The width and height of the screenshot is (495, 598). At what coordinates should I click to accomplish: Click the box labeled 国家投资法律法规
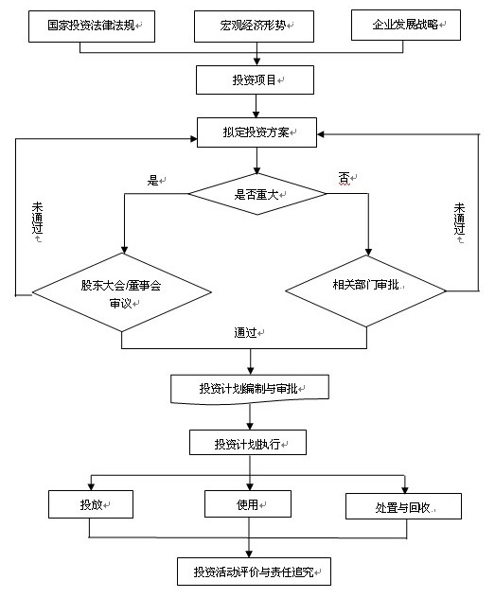pyautogui.click(x=92, y=26)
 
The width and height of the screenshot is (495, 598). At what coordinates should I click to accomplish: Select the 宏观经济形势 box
pyautogui.click(x=254, y=26)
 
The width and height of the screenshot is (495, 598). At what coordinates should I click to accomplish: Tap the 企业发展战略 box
pyautogui.click(x=406, y=26)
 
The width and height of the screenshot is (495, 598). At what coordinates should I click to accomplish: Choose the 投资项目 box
pyautogui.click(x=255, y=80)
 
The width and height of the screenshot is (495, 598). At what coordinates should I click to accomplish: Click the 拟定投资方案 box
pyautogui.click(x=256, y=132)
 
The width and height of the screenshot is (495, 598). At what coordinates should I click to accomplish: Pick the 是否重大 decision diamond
pyautogui.click(x=257, y=194)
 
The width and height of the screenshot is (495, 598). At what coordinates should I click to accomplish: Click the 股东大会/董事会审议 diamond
pyautogui.click(x=122, y=292)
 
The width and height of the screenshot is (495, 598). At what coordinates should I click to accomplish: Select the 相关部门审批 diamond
pyautogui.click(x=366, y=291)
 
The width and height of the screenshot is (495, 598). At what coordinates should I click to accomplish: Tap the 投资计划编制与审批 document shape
pyautogui.click(x=250, y=389)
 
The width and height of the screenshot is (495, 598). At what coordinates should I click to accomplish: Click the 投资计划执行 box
pyautogui.click(x=248, y=443)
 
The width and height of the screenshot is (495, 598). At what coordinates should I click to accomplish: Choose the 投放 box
pyautogui.click(x=91, y=504)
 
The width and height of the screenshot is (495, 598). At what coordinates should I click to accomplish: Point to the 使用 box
pyautogui.click(x=248, y=503)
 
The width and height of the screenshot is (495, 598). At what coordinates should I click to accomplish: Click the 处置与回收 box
pyautogui.click(x=403, y=506)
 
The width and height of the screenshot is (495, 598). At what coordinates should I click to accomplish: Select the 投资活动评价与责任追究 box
pyautogui.click(x=254, y=572)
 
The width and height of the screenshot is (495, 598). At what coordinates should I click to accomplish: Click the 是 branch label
pyautogui.click(x=153, y=180)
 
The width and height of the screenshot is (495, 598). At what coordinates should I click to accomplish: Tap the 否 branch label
pyautogui.click(x=344, y=178)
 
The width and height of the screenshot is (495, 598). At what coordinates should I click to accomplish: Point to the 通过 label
pyautogui.click(x=245, y=332)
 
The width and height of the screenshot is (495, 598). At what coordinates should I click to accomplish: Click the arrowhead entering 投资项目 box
pyautogui.click(x=257, y=62)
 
